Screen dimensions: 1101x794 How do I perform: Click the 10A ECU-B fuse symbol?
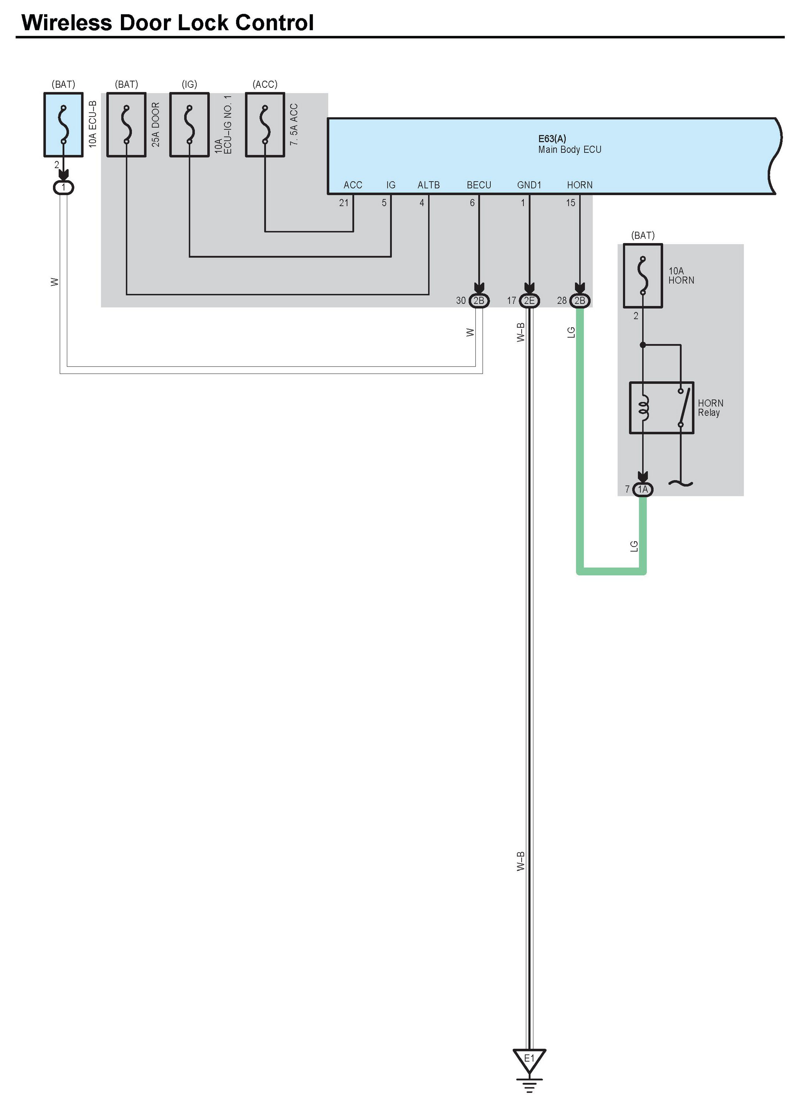(63, 125)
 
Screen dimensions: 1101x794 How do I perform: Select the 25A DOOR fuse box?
(126, 125)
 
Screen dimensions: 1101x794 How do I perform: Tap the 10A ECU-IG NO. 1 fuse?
(189, 125)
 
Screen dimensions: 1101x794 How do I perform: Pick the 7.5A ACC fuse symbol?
(265, 125)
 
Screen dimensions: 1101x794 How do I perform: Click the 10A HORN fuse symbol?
(643, 276)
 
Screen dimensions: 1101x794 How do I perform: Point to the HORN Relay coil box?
(661, 408)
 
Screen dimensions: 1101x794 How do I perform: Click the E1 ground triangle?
(529, 1059)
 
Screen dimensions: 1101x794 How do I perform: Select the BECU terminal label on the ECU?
(479, 185)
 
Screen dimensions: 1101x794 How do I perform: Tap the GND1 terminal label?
(529, 185)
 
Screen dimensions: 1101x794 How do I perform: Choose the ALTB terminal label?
(428, 185)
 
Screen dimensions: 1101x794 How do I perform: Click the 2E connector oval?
(529, 301)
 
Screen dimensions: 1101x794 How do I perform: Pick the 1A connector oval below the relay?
(643, 489)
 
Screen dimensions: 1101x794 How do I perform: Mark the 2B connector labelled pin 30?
(479, 301)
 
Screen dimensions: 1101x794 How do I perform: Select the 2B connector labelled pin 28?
(579, 301)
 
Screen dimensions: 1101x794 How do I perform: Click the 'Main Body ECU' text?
(570, 150)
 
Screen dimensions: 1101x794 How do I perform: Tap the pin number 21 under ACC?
(344, 203)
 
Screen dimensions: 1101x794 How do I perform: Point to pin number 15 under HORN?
(571, 203)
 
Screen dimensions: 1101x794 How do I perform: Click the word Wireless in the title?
(67, 23)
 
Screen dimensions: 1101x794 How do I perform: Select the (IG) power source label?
(189, 84)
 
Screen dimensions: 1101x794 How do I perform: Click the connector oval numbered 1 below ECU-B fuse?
(63, 187)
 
